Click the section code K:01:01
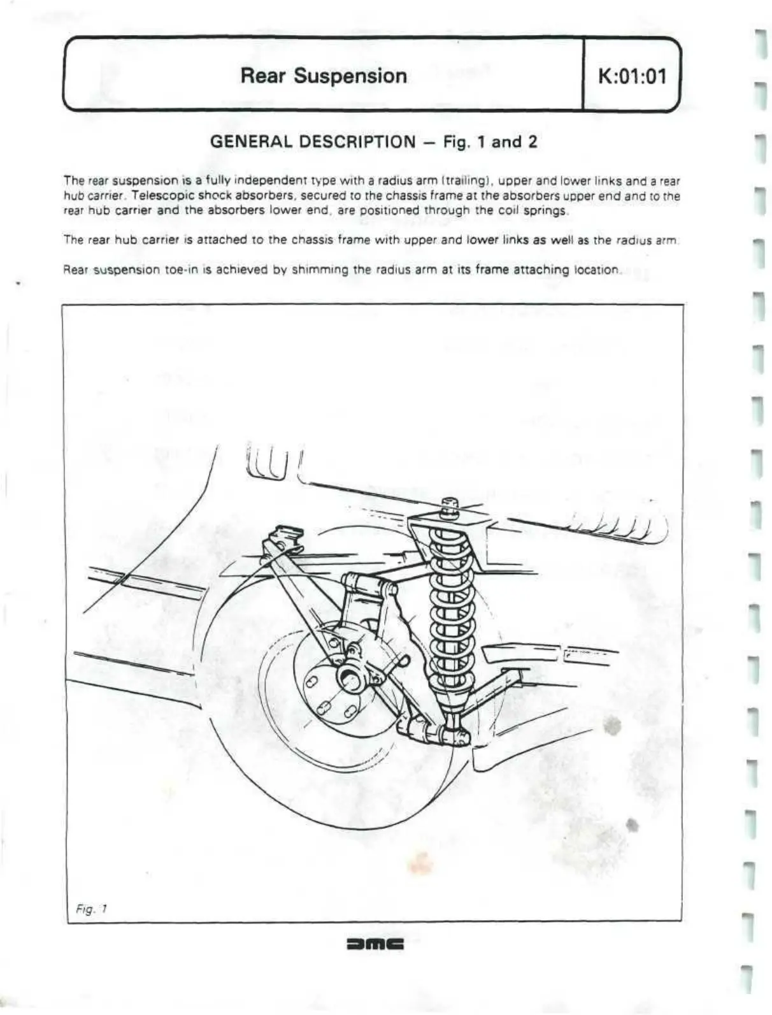pos(632,76)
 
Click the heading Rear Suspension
pos(324,76)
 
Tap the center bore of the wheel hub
pos(351,677)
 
